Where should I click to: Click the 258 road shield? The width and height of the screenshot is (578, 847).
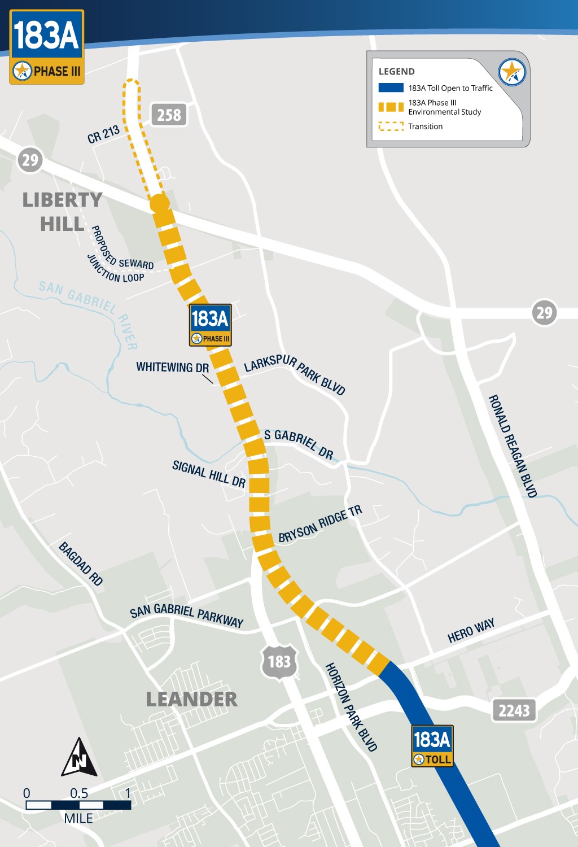coord(169,115)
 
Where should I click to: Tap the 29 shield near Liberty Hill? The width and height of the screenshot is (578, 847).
coord(30,160)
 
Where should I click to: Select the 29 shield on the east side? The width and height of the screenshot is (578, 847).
coord(544,312)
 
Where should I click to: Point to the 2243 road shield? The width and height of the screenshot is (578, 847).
coord(514,710)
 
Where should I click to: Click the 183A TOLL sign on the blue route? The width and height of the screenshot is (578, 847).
coord(432,745)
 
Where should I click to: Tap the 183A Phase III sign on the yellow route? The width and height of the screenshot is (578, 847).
coord(210,325)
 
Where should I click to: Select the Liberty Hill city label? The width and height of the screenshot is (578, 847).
coord(62,212)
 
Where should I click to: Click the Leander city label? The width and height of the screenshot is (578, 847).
coord(191,699)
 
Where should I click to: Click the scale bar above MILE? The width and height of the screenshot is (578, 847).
coord(78,805)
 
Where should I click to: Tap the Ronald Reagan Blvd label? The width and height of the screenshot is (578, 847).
coord(513,446)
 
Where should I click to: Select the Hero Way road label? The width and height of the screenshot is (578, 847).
coord(471,630)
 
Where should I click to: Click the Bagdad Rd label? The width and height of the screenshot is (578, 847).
coord(81,564)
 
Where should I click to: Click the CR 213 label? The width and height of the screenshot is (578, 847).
coord(103,134)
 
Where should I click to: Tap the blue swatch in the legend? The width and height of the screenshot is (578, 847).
coord(391,88)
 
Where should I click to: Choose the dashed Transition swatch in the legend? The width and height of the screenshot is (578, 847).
coord(391,126)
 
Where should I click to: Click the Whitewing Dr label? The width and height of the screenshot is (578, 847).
coord(172,367)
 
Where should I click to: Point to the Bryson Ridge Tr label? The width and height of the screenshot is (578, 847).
coord(320,524)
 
